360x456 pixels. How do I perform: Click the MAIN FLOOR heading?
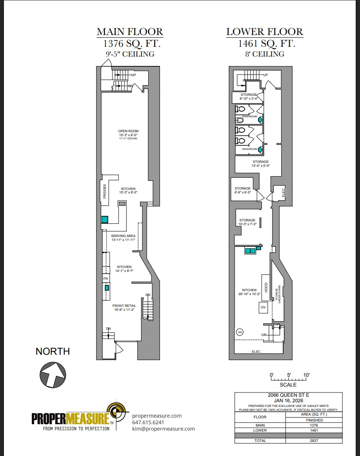(x=130, y=32)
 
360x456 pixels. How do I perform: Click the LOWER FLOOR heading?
(x=265, y=32)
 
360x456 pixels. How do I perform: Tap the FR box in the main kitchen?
(x=105, y=279)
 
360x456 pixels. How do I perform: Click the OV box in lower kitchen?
(x=263, y=307)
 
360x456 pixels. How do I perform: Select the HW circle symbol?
(x=240, y=332)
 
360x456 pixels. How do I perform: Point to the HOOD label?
(x=265, y=287)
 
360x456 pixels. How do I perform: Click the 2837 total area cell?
(x=314, y=440)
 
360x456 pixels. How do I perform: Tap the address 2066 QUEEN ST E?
(x=288, y=395)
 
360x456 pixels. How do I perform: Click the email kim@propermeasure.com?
(x=164, y=429)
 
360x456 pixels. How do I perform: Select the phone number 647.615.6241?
(x=148, y=422)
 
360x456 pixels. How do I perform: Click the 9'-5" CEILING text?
(x=130, y=54)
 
